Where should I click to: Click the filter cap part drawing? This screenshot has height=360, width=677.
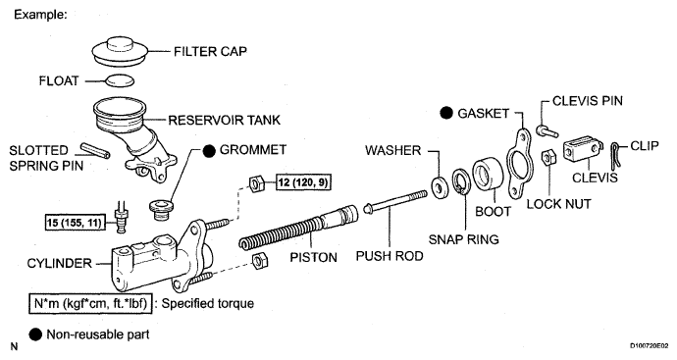click(x=121, y=52)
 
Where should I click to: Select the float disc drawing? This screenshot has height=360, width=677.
click(x=120, y=80)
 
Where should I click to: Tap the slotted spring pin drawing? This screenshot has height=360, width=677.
click(x=95, y=150)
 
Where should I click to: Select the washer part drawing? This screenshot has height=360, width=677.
click(x=440, y=187)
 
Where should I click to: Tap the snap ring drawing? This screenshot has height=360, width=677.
click(x=461, y=181)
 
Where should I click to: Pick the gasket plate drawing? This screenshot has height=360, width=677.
click(x=519, y=163)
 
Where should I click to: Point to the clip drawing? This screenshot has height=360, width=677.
click(x=616, y=154)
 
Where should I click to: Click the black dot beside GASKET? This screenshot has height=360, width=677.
click(x=446, y=113)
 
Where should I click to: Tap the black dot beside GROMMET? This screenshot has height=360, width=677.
click(x=209, y=151)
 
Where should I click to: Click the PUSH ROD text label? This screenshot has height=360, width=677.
click(x=390, y=256)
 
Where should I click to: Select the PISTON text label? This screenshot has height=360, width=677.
click(x=313, y=257)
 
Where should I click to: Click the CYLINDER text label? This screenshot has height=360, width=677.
click(x=60, y=263)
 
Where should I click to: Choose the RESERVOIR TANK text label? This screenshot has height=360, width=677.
click(x=225, y=120)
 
